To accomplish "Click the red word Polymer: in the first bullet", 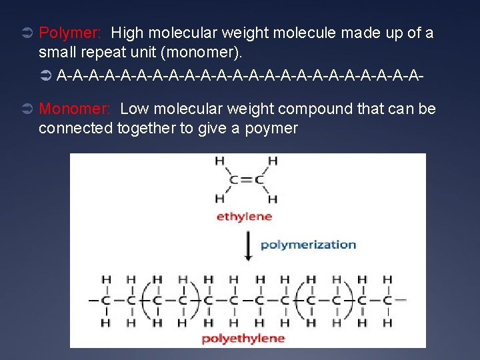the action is coord(71,33).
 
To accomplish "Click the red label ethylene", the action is coord(244,216).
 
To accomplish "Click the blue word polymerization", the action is coord(308,244).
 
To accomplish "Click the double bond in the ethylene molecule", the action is coord(245,179).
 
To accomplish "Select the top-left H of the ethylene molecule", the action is coord(219,161).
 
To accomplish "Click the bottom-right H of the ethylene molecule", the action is coord(272,199).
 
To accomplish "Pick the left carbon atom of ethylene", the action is coord(233,179).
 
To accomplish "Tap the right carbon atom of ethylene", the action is coord(258,179).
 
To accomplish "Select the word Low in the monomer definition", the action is coord(135,109).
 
